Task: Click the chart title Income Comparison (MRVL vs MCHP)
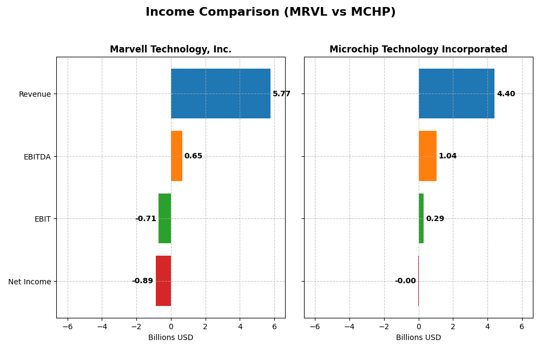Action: point(270,12)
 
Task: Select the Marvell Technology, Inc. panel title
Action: point(170,49)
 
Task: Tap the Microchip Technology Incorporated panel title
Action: point(418,49)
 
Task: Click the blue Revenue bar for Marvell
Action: point(221,94)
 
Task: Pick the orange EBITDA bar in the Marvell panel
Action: point(176,156)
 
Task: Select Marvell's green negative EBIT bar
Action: point(164,218)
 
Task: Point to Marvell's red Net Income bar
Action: point(163,281)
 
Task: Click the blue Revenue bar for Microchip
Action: point(456,94)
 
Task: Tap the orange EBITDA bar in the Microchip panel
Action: point(427,156)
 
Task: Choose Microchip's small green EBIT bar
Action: point(421,218)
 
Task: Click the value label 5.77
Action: point(281,94)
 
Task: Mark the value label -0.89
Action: point(142,281)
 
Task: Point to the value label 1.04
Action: point(447,156)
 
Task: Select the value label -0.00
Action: point(405,281)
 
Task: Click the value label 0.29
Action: point(435,219)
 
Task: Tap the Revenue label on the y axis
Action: point(35,94)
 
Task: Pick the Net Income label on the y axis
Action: point(30,282)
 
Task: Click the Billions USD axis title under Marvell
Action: point(170,338)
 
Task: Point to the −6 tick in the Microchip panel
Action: point(315,326)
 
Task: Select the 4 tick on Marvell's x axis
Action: point(240,326)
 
